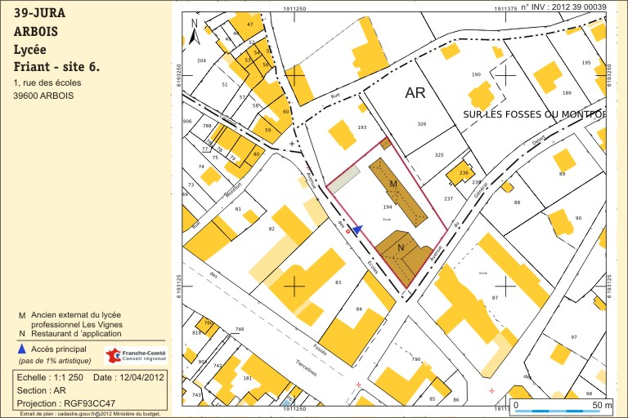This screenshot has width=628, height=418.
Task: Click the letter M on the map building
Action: (x=393, y=185)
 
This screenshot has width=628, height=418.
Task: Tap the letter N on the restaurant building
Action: (x=401, y=247)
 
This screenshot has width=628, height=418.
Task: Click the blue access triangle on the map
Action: (x=357, y=229)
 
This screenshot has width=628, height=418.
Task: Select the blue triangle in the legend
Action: (x=21, y=349)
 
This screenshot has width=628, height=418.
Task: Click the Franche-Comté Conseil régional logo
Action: (x=135, y=355)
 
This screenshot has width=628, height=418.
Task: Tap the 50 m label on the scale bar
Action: (x=601, y=405)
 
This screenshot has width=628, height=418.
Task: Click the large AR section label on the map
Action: (x=415, y=93)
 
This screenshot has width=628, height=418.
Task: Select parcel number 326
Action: (x=422, y=124)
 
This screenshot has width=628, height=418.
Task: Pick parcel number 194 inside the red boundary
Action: (x=387, y=208)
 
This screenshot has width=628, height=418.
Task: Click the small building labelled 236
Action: (x=463, y=173)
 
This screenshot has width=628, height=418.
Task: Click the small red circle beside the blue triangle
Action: (x=348, y=232)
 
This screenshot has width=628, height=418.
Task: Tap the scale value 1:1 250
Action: (x=66, y=377)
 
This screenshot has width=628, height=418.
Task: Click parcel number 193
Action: (x=362, y=128)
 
